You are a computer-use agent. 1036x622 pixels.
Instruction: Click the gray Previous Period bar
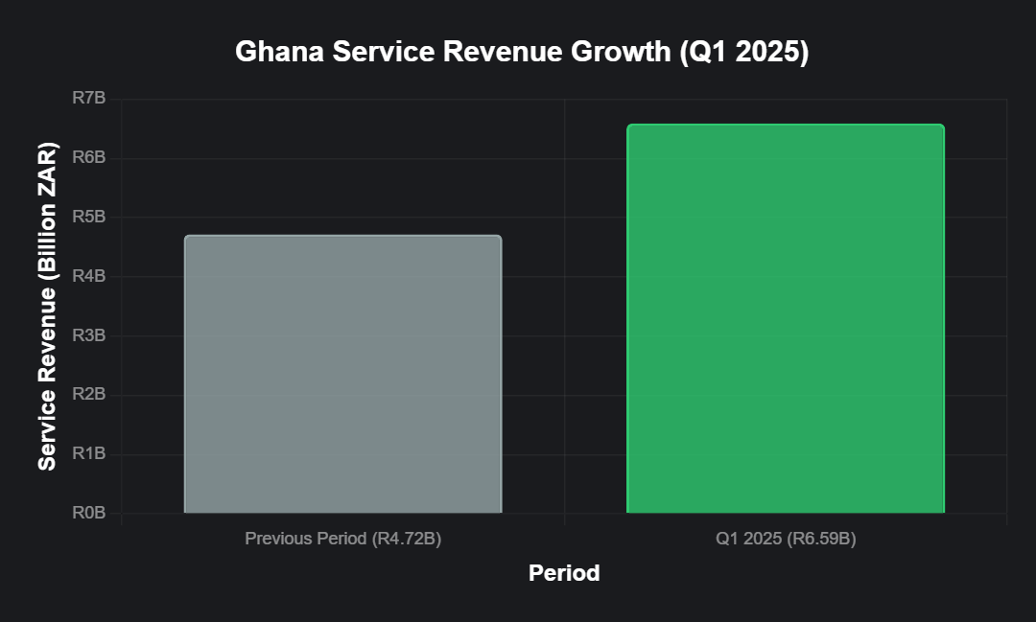click(x=342, y=374)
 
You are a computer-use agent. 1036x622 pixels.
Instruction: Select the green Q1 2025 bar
click(x=786, y=318)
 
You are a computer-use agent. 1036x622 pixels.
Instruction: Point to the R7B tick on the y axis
click(x=89, y=99)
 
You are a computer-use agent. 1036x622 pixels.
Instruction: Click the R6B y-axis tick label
click(x=89, y=158)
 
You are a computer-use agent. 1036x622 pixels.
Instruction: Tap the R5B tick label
click(x=89, y=218)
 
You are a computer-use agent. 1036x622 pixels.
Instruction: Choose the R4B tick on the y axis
click(x=89, y=277)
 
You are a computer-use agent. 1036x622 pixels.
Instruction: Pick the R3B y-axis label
click(x=89, y=335)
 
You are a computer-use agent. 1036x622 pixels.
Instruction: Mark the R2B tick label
click(x=89, y=395)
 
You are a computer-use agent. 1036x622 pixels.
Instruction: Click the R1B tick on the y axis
click(x=89, y=454)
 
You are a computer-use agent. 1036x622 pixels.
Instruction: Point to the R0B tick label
click(x=89, y=514)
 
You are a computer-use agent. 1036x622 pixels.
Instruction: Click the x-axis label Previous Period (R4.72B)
click(x=342, y=539)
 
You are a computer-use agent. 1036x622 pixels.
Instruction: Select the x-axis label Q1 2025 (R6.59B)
click(x=786, y=539)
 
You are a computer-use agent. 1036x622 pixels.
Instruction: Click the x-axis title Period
click(x=564, y=573)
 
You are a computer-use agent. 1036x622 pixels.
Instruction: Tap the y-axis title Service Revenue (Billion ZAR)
click(x=47, y=307)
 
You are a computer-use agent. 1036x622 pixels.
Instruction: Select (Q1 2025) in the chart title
click(x=743, y=53)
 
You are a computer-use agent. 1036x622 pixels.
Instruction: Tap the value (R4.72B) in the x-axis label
click(x=406, y=539)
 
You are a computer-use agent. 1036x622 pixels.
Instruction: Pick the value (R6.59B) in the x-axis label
click(x=821, y=539)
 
